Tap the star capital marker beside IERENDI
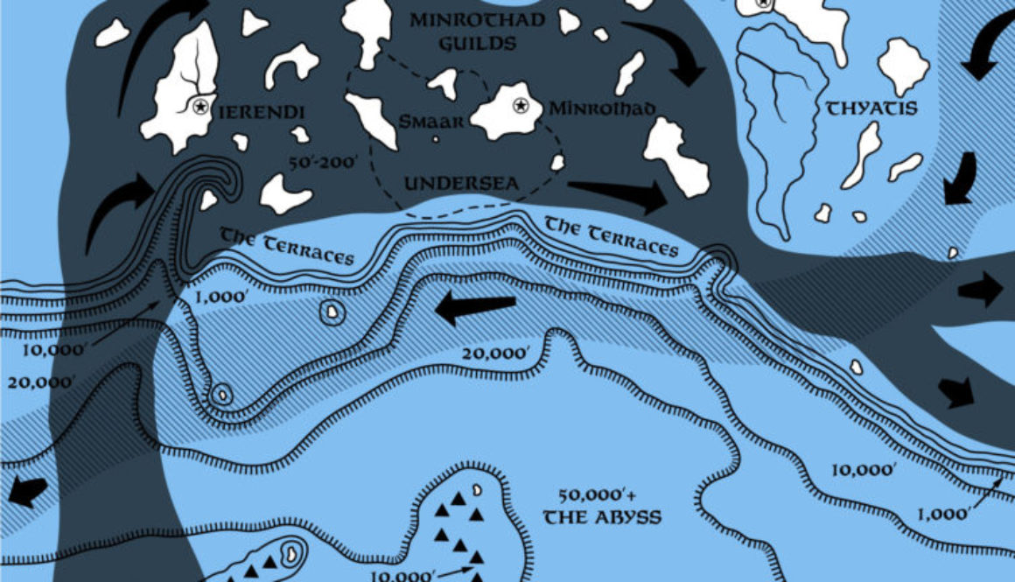pos(201,107)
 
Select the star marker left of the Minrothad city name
pos(521,106)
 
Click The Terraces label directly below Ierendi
pos(287,246)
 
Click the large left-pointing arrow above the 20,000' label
pos(475,308)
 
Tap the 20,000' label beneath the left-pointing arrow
pos(496,353)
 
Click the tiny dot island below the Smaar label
pos(436,138)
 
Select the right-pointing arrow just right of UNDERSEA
pos(617,193)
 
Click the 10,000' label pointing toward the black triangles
pos(403,576)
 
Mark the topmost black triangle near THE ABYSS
pos(456,499)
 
